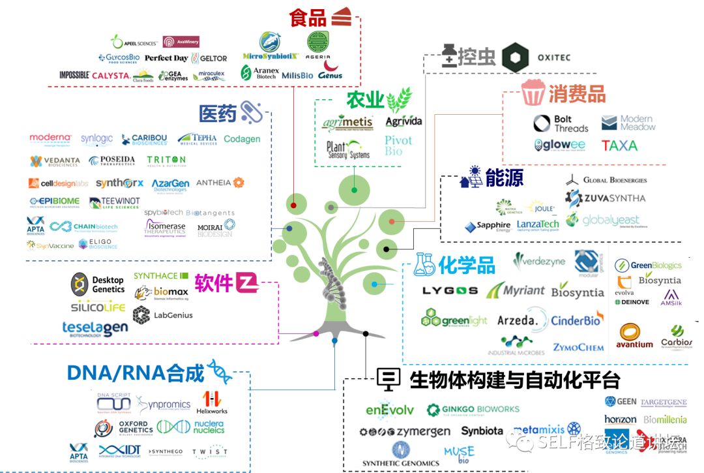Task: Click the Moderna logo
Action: (50, 139)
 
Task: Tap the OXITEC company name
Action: (553, 57)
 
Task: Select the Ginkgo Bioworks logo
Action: (473, 410)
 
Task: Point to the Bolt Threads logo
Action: (561, 123)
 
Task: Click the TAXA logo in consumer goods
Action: (619, 145)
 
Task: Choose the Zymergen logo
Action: (405, 432)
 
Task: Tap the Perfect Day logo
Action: (166, 58)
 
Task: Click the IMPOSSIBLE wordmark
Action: (74, 76)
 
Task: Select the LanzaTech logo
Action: (538, 225)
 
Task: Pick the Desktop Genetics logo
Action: (98, 284)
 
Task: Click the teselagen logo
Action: (95, 328)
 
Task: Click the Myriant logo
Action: (515, 290)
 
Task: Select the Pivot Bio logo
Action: (398, 145)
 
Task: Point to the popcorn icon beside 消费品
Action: (532, 93)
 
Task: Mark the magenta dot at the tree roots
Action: (316, 334)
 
